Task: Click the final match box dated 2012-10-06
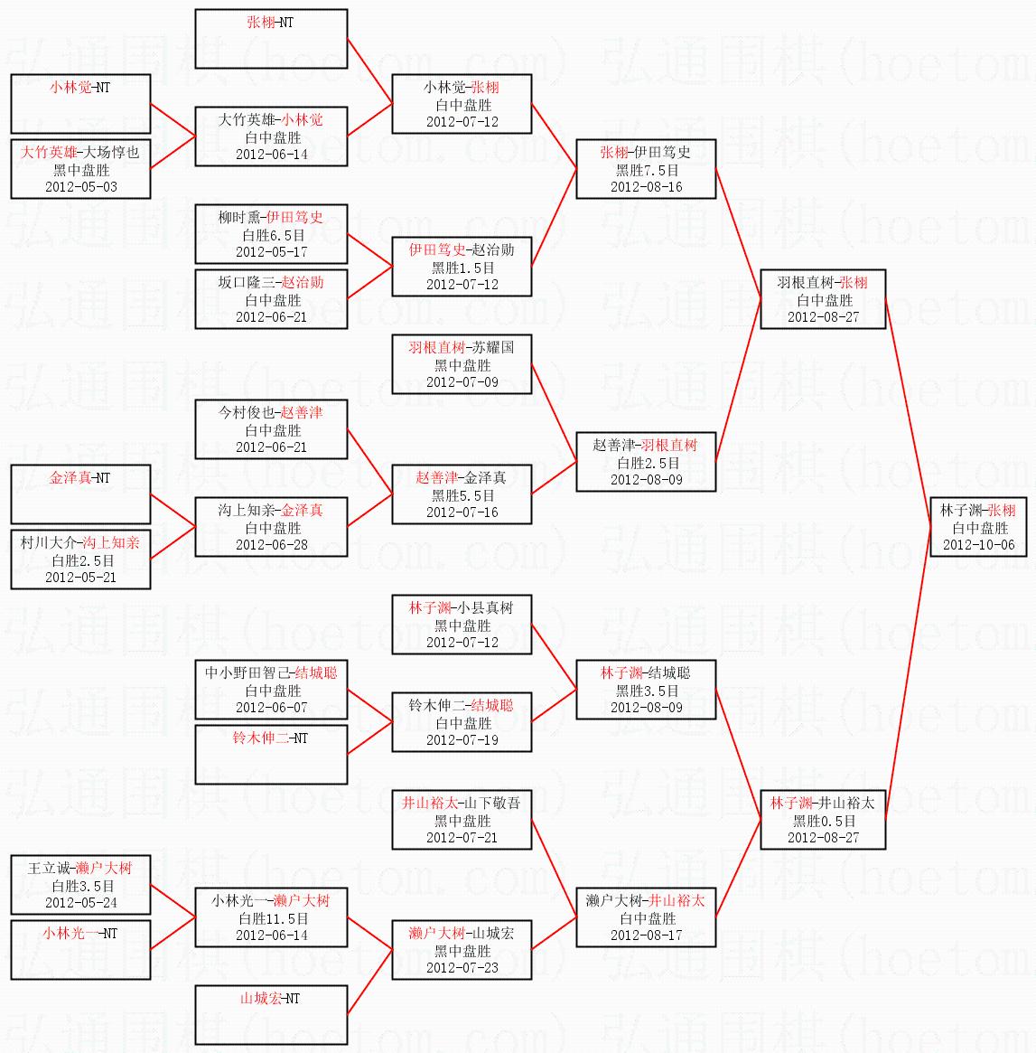pos(978,528)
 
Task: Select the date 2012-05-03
pos(80,187)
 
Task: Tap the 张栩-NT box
pos(271,39)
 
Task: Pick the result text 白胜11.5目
pos(271,918)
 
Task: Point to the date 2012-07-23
pos(462,968)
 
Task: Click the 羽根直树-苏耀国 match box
pos(462,364)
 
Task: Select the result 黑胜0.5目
pos(823,821)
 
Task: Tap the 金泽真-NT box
pos(80,494)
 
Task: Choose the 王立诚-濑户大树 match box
pos(80,885)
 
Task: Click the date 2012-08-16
pos(646,187)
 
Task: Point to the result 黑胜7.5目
pos(646,170)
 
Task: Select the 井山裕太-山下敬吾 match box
pos(462,820)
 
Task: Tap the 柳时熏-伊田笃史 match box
pos(271,234)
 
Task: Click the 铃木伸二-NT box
pos(271,755)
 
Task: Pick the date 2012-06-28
pos(271,545)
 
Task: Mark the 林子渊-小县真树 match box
pos(462,625)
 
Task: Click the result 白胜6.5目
pos(271,235)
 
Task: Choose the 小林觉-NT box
pos(80,104)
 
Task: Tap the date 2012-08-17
pos(646,935)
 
